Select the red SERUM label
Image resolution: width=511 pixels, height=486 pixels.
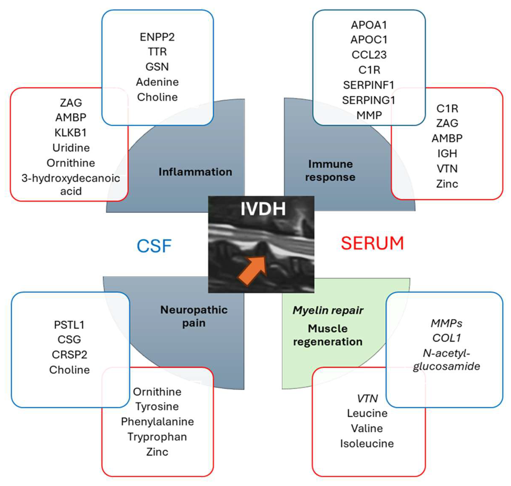372,243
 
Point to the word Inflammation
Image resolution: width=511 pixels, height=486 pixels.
195,172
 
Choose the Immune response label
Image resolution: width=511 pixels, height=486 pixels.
330,171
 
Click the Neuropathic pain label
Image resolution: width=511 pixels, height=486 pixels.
194,316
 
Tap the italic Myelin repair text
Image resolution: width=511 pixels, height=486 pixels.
328,310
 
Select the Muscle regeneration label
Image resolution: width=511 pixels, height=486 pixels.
328,335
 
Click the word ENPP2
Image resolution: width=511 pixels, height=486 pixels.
157,37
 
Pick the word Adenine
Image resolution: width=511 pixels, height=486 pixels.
157,82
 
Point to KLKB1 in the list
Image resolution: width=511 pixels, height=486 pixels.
70,133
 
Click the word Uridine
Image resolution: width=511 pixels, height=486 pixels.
71,148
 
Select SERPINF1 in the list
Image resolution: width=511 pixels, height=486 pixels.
369,85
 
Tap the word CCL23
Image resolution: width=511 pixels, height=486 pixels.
369,55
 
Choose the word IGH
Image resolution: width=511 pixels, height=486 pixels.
447,153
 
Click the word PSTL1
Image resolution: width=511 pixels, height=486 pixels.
69,325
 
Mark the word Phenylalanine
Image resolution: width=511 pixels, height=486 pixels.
157,421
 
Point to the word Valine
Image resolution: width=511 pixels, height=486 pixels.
367,428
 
